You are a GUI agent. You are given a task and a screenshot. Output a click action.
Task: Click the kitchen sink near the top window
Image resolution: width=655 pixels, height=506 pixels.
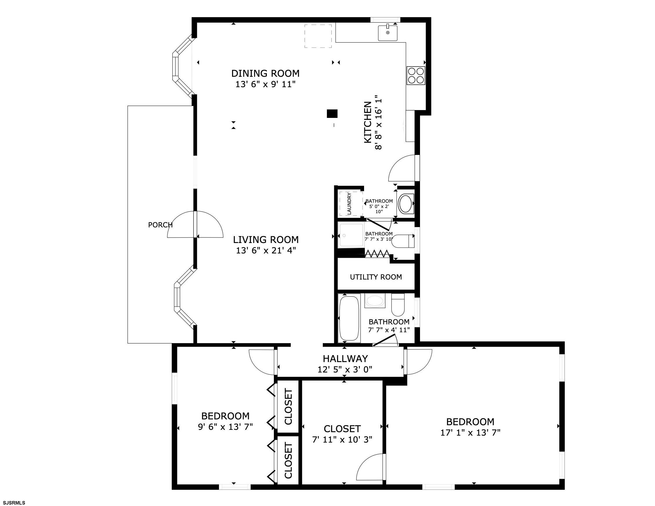pyautogui.click(x=388, y=33)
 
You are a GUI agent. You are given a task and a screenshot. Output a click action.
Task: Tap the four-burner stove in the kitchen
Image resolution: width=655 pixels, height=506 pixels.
pyautogui.click(x=416, y=75)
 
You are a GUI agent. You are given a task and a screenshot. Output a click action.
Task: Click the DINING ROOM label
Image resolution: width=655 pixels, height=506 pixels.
pyautogui.click(x=265, y=73)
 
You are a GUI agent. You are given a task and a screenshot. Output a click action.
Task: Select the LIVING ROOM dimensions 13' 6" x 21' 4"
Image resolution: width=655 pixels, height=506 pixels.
pyautogui.click(x=266, y=250)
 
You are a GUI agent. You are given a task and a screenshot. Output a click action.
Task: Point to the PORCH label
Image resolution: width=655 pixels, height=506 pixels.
pyautogui.click(x=160, y=225)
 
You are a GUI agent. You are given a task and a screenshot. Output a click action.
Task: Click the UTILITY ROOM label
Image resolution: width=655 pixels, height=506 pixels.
pyautogui.click(x=376, y=277)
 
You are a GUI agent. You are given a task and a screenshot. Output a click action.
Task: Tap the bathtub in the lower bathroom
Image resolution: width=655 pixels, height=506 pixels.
pyautogui.click(x=349, y=318)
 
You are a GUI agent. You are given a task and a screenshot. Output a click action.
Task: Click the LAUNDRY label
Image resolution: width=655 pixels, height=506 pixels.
pyautogui.click(x=349, y=204)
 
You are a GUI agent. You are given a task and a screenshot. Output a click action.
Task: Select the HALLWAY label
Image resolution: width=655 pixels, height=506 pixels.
pyautogui.click(x=345, y=358)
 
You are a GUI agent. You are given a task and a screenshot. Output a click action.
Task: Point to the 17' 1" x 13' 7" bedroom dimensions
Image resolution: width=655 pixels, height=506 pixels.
pyautogui.click(x=470, y=433)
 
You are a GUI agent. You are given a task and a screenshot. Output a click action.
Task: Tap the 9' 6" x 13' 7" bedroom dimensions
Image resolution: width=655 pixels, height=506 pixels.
pyautogui.click(x=225, y=427)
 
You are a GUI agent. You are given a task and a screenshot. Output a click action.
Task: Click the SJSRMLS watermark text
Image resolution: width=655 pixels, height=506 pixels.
pyautogui.click(x=14, y=503)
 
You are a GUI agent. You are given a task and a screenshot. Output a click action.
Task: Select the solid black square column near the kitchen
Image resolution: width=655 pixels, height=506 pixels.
pyautogui.click(x=332, y=114)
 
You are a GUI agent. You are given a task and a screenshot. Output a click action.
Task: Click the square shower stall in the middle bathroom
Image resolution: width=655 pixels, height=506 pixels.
pyautogui.click(x=351, y=235)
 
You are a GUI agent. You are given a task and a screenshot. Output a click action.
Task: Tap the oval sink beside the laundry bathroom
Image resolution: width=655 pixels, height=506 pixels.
pyautogui.click(x=406, y=204)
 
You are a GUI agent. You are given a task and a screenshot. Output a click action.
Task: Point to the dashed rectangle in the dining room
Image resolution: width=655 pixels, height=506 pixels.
pyautogui.click(x=318, y=36)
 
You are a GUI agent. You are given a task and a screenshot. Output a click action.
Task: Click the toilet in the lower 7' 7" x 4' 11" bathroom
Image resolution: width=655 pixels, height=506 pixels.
pyautogui.click(x=398, y=305)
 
